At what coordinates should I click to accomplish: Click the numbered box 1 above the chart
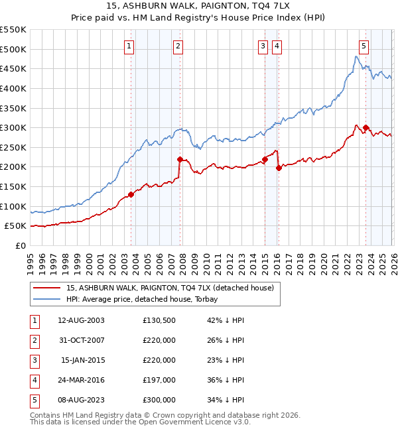(128, 46)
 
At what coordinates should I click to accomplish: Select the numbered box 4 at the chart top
(276, 46)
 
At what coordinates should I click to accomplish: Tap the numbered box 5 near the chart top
(364, 46)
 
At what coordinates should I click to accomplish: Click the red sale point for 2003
(131, 194)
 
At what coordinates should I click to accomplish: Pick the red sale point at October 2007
(180, 159)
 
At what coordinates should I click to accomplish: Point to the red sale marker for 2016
(279, 168)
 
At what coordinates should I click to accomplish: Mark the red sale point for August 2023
(365, 127)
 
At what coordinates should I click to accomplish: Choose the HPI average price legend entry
(147, 299)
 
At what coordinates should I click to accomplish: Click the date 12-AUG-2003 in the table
(81, 320)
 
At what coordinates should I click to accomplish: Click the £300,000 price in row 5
(159, 400)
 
